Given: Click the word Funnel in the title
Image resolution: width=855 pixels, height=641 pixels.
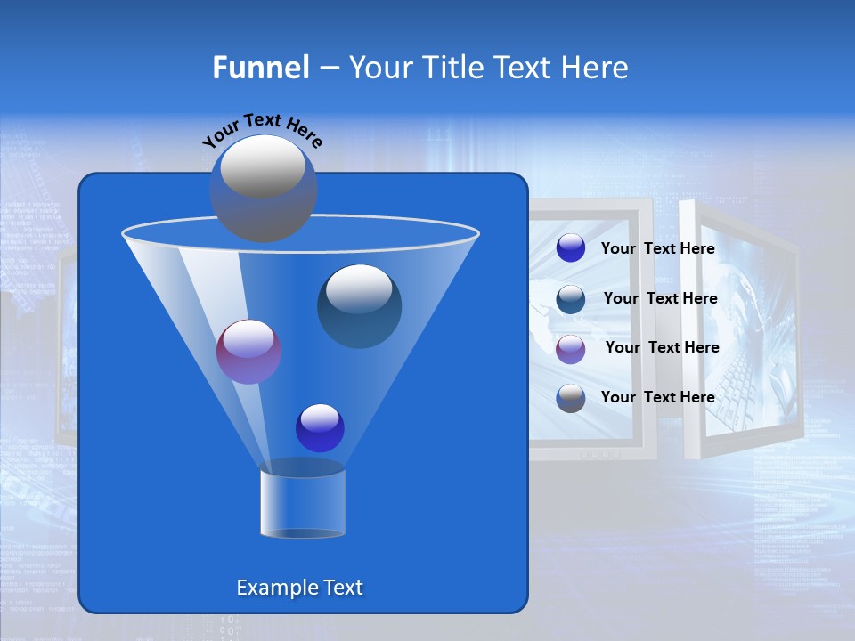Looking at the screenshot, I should click(x=260, y=68).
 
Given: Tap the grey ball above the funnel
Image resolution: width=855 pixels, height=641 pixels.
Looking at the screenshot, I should click(x=263, y=188).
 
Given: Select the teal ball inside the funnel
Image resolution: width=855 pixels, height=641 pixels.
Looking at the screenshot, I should click(x=360, y=306).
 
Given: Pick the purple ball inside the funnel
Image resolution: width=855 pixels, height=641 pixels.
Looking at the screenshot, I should click(x=248, y=352).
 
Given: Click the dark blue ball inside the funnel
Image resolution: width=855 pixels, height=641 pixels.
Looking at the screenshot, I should click(x=320, y=427).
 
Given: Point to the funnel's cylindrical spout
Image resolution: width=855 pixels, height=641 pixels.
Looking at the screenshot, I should click(x=303, y=504).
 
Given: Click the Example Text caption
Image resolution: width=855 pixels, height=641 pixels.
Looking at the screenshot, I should click(x=299, y=588).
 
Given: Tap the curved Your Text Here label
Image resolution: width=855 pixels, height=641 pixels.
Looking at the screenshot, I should click(x=262, y=130).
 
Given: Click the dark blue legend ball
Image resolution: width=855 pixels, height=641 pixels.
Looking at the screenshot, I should click(x=571, y=248).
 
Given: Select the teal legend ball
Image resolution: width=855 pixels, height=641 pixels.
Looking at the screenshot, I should click(x=571, y=298).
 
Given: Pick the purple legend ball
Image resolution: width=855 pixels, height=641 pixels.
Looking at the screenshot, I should click(x=571, y=348).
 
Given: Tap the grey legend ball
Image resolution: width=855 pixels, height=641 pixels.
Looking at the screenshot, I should click(x=571, y=398).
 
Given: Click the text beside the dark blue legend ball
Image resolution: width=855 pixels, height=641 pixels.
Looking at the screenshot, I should click(x=657, y=248).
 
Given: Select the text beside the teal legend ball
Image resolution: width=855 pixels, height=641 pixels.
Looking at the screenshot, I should click(x=660, y=298).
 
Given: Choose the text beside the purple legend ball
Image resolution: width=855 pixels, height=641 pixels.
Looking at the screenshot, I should click(x=662, y=347).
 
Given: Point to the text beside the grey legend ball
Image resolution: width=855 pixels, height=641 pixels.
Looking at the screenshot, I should click(x=657, y=397).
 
